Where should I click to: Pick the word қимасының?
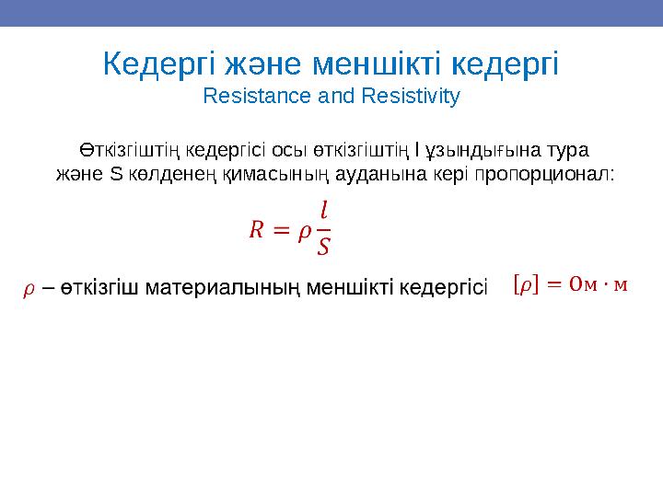tap(262, 175)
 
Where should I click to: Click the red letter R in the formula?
tap(255, 229)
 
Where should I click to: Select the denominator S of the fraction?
tap(322, 247)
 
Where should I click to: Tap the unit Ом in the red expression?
tap(583, 286)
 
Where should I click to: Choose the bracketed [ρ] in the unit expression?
tap(523, 287)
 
